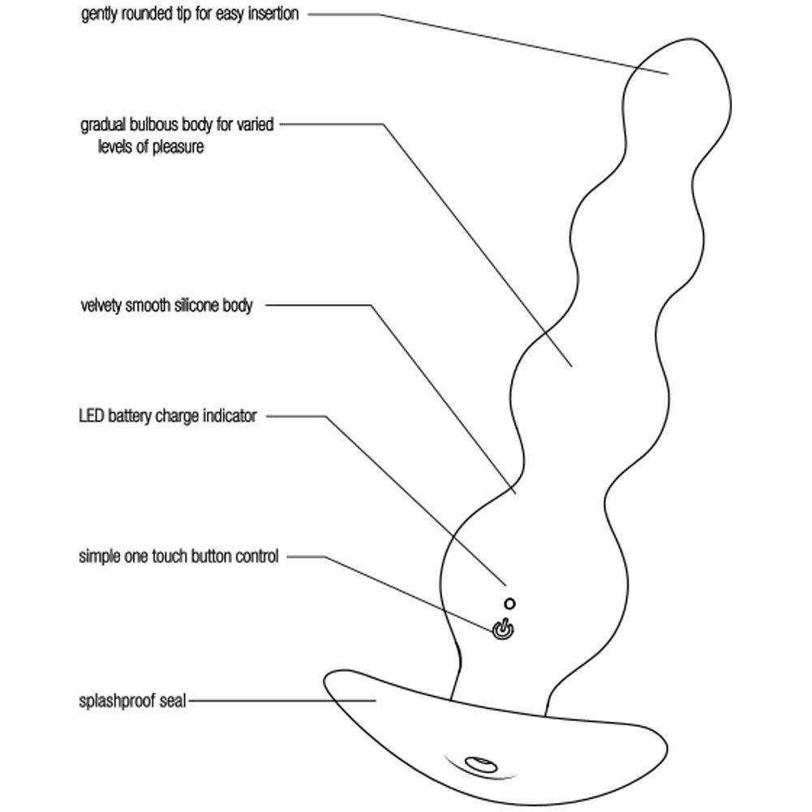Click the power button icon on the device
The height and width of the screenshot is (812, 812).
pyautogui.click(x=503, y=629)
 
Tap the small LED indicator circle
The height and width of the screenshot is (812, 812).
pyautogui.click(x=509, y=604)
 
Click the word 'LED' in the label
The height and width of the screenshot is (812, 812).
pyautogui.click(x=91, y=416)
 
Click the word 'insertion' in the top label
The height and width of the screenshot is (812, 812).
pyautogui.click(x=273, y=14)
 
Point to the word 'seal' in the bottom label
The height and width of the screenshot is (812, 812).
pyautogui.click(x=173, y=701)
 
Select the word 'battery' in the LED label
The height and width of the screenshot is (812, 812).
pyautogui.click(x=130, y=416)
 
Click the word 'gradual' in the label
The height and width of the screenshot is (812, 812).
pyautogui.click(x=103, y=125)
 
